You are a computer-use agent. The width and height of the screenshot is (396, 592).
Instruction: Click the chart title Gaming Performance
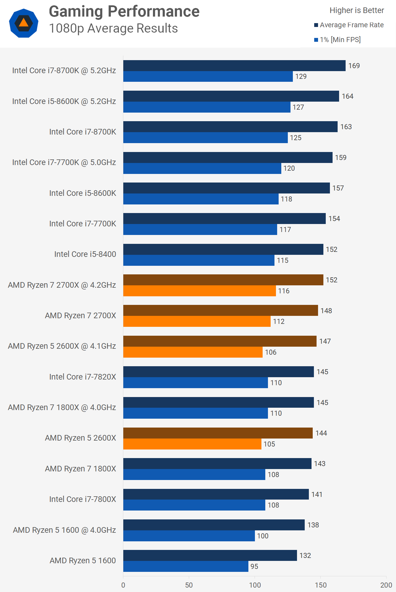[x=124, y=12]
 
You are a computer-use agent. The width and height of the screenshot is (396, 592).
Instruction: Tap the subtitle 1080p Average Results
[x=113, y=28]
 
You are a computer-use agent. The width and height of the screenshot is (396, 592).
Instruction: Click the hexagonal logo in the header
[x=24, y=23]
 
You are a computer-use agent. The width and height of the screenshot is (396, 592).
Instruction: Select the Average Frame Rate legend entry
[x=352, y=25]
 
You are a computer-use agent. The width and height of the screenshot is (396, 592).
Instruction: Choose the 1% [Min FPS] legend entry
[x=340, y=40]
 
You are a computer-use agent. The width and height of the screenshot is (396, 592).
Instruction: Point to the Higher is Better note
[x=357, y=10]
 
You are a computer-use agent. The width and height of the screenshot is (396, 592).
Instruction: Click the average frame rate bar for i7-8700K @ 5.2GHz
[x=234, y=65]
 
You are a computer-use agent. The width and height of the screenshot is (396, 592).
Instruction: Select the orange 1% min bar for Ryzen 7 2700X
[x=197, y=321]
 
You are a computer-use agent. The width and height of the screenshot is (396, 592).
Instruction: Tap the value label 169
[x=354, y=66]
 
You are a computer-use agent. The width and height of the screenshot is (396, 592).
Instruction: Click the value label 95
[x=254, y=567]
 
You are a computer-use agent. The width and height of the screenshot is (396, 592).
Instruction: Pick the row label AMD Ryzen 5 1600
[x=83, y=561]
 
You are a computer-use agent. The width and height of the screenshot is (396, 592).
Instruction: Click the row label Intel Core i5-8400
[x=85, y=254]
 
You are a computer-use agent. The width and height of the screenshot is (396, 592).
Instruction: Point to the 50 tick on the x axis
[x=189, y=585]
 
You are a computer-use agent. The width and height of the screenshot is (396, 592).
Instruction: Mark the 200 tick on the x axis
[x=386, y=585]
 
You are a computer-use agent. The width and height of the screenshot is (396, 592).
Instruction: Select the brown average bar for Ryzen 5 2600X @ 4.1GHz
[x=220, y=341]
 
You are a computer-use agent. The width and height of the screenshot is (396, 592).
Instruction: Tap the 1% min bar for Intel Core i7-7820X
[x=195, y=383]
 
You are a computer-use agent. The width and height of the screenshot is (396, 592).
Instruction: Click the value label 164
[x=347, y=96]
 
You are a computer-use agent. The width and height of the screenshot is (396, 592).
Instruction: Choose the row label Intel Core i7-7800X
[x=82, y=499]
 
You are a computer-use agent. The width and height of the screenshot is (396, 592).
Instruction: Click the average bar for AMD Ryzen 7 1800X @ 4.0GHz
[x=218, y=402]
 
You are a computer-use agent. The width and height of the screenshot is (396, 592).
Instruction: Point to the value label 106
[x=271, y=352]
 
